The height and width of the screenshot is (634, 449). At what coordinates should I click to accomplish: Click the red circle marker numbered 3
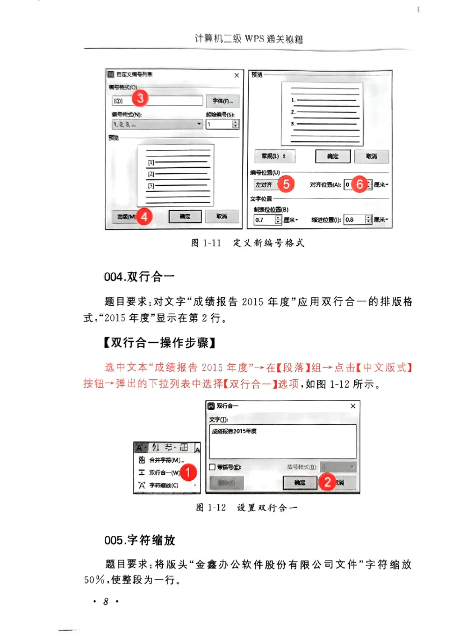[x=140, y=98]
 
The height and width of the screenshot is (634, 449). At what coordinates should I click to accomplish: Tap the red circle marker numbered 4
[x=145, y=217]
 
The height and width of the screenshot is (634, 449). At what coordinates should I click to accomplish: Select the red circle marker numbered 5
[x=286, y=184]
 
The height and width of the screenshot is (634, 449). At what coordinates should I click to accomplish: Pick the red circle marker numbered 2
[x=327, y=482]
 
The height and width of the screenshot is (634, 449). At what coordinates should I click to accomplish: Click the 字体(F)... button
[x=222, y=101]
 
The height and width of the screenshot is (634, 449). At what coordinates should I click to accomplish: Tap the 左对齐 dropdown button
[x=265, y=185]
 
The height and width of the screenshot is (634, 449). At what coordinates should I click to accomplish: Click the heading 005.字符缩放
[x=140, y=540]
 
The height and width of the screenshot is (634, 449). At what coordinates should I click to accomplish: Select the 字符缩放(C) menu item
[x=163, y=485]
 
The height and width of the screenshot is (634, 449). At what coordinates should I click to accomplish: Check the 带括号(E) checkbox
[x=212, y=467]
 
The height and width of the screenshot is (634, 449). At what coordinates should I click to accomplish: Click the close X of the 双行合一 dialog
[x=352, y=406]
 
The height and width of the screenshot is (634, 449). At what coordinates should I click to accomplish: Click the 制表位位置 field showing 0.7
[x=264, y=220]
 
